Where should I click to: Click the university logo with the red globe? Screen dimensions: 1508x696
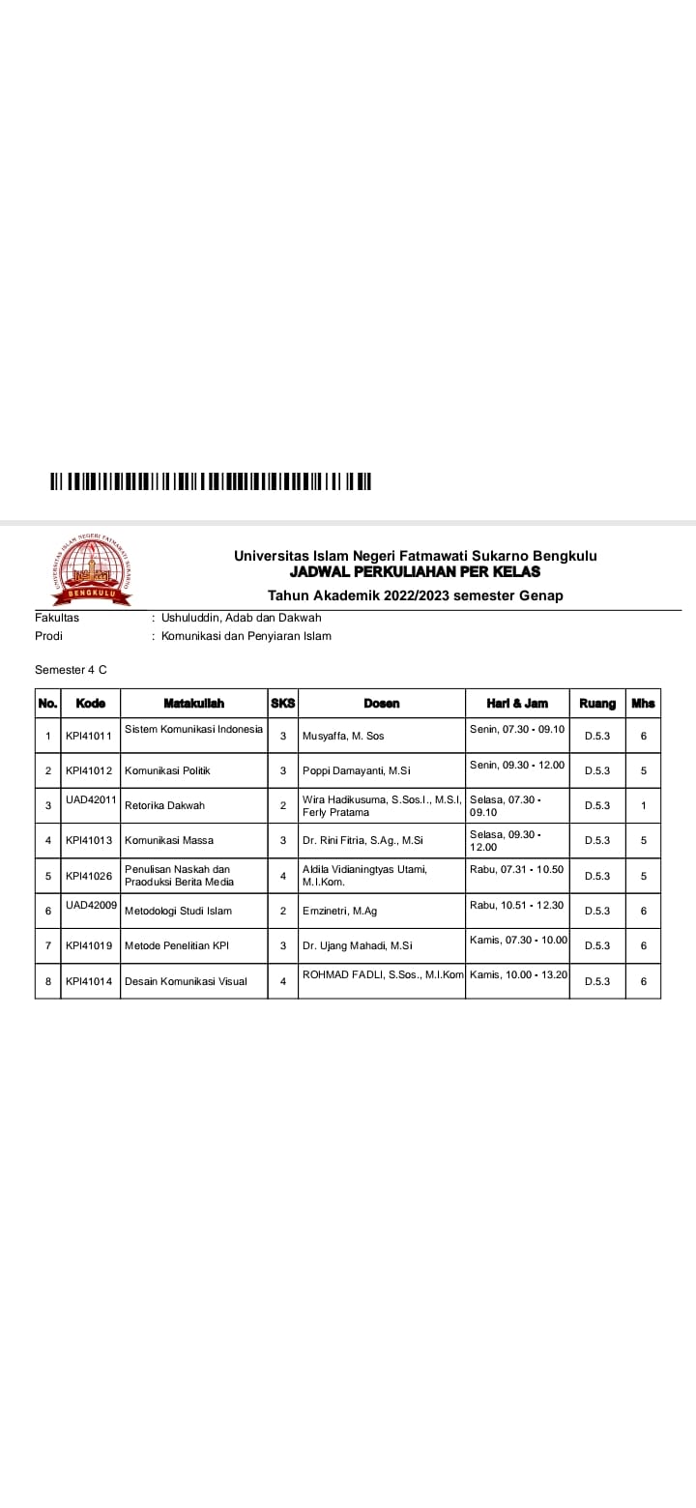pyautogui.click(x=91, y=569)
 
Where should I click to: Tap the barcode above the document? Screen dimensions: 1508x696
pyautogui.click(x=211, y=481)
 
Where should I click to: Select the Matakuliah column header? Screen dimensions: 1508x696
pyautogui.click(x=193, y=703)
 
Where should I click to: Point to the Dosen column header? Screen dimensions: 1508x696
pyautogui.click(x=381, y=703)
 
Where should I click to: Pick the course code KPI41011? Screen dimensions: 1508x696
pyautogui.click(x=89, y=737)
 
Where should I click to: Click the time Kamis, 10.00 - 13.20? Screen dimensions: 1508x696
pyautogui.click(x=517, y=974)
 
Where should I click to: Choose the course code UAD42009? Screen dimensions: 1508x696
pyautogui.click(x=92, y=904)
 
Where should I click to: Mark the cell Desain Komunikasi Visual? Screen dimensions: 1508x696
pyautogui.click(x=186, y=981)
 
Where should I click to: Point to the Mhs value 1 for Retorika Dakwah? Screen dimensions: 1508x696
pyautogui.click(x=643, y=805)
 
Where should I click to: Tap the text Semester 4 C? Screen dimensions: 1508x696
pyautogui.click(x=65, y=669)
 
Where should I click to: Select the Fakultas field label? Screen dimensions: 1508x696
pyautogui.click(x=57, y=618)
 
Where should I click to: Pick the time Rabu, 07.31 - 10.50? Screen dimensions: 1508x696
pyautogui.click(x=516, y=870)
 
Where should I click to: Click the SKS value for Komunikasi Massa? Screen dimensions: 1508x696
pyautogui.click(x=283, y=840)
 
